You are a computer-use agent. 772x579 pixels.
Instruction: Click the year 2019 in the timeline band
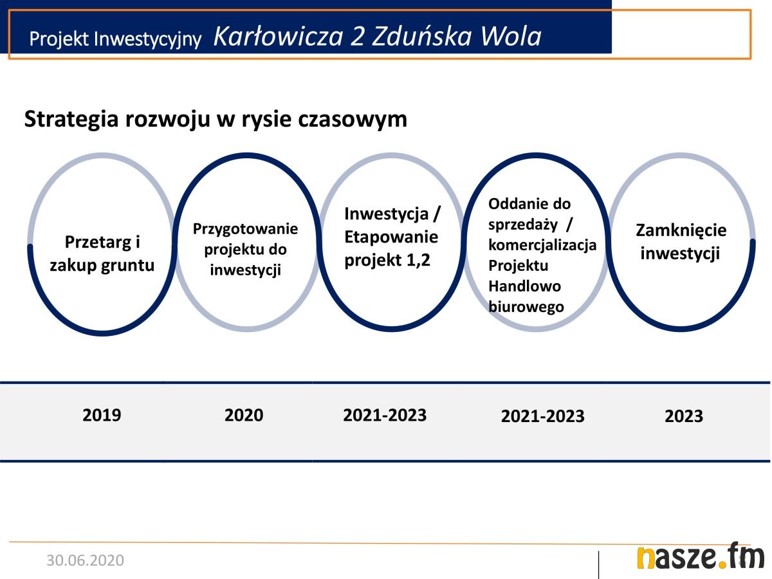102,415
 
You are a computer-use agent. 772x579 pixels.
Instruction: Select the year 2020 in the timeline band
244,415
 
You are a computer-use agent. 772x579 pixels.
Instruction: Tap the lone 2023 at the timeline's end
684,416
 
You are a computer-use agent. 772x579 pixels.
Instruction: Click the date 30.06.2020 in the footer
85,560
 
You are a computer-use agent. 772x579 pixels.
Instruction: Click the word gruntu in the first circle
128,266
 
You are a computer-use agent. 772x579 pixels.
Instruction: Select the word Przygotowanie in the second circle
245,230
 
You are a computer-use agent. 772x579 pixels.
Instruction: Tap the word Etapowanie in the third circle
391,237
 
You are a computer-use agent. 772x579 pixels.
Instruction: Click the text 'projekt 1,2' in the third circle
387,261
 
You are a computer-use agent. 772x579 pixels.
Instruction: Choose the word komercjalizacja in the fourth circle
542,245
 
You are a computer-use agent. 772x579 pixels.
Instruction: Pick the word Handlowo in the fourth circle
524,286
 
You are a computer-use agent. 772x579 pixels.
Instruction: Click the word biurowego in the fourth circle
526,308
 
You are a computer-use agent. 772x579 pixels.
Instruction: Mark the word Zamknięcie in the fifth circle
681,230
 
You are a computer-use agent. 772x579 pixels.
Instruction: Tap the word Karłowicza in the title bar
278,37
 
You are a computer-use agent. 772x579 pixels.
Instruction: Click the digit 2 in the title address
356,37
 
